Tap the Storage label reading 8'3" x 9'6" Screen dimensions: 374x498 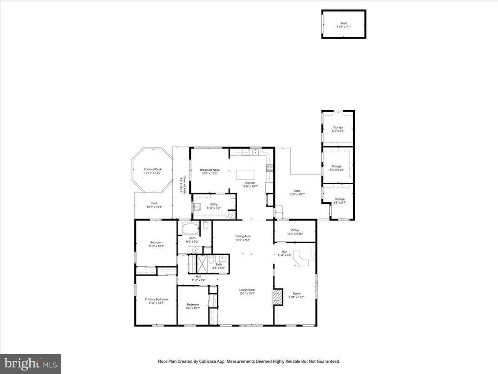coord(338,129)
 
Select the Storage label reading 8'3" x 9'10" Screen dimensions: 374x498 coord(337,168)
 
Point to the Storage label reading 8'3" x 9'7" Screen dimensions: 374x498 coord(339,201)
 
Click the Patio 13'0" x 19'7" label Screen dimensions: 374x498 coord(297,193)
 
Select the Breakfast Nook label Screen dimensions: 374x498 coord(210,172)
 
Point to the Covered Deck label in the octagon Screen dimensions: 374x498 coord(152,171)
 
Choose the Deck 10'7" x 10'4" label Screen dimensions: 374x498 coord(154,205)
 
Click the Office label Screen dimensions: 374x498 coord(295,232)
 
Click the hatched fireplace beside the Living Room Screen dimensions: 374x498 coord(277,297)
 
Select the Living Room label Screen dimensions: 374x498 coord(247,292)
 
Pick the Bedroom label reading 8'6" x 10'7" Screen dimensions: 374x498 coord(193,306)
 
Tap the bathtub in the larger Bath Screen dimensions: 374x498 coord(190,228)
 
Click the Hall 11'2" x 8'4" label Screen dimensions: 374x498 coord(198,278)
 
